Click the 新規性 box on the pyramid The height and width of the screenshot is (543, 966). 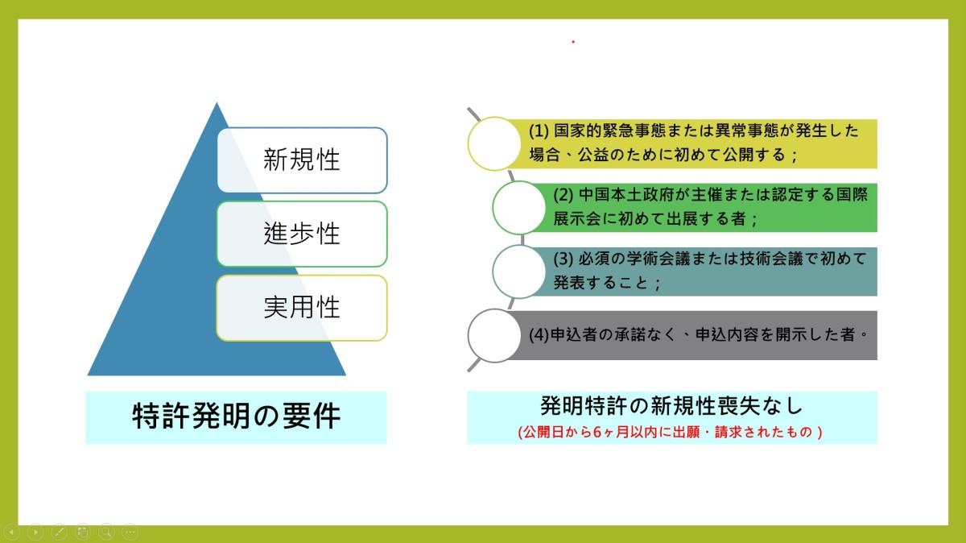pyautogui.click(x=302, y=160)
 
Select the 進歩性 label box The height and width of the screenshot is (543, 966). pyautogui.click(x=302, y=234)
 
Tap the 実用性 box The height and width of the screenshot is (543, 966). pyautogui.click(x=302, y=308)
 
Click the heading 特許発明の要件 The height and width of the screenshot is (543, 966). pyautogui.click(x=237, y=416)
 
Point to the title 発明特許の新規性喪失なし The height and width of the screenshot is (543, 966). pyautogui.click(x=671, y=406)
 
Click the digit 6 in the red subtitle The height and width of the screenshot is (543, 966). pyautogui.click(x=597, y=432)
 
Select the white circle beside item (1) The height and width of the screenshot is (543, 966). pyautogui.click(x=494, y=143)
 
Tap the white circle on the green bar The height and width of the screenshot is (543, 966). pyautogui.click(x=518, y=208)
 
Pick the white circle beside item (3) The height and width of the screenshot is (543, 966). pyautogui.click(x=518, y=271)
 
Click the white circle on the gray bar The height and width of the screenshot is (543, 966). pyautogui.click(x=494, y=335)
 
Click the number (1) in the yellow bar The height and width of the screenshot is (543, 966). pyautogui.click(x=539, y=131)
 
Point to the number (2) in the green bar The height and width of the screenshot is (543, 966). pyautogui.click(x=563, y=195)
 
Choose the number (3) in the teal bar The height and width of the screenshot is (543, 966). pyautogui.click(x=563, y=259)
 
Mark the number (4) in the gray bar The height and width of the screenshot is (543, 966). pyautogui.click(x=539, y=335)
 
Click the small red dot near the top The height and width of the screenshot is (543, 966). pyautogui.click(x=573, y=42)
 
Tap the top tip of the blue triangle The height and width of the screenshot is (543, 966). pyautogui.click(x=217, y=102)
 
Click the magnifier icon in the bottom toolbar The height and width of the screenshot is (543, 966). pyautogui.click(x=106, y=533)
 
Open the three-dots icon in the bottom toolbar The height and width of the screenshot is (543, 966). pyautogui.click(x=130, y=533)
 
